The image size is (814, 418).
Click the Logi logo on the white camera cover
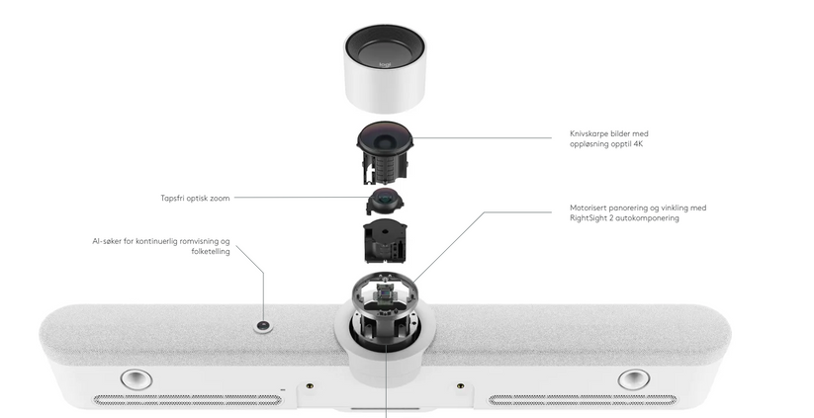click(385, 65)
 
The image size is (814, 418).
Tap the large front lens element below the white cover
click(385, 136)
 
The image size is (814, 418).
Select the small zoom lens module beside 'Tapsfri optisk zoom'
click(384, 202)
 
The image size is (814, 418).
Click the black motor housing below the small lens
click(385, 241)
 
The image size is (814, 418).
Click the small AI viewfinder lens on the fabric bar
click(264, 327)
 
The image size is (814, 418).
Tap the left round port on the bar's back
click(136, 379)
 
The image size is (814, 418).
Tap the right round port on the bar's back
click(634, 379)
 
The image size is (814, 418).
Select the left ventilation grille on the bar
click(188, 400)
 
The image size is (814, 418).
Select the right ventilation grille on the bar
click(583, 400)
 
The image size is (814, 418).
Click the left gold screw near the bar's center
click(310, 386)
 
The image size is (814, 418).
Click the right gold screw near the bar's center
click(460, 386)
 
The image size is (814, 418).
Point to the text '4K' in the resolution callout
click(638, 144)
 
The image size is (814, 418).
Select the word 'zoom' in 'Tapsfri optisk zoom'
click(221, 198)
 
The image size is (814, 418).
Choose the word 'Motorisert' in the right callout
click(588, 208)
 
